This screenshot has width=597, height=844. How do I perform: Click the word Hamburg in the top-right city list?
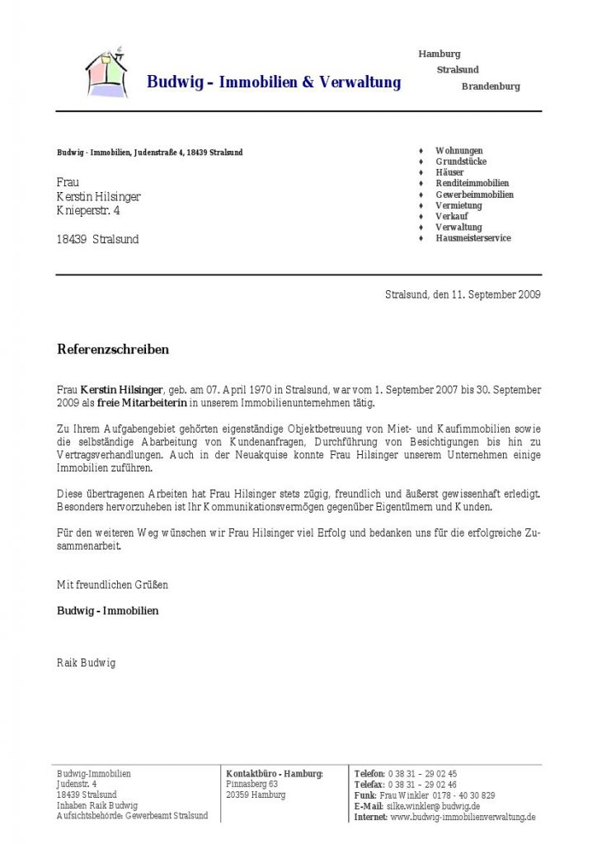(440, 54)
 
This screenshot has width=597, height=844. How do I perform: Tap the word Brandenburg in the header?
(491, 86)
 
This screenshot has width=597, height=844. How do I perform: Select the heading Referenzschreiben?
(113, 349)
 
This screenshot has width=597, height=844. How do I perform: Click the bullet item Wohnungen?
(459, 151)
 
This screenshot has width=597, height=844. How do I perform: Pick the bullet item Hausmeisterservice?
(473, 238)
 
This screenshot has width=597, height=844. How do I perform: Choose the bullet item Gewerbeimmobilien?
(474, 195)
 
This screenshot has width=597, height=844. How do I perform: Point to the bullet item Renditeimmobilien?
(472, 183)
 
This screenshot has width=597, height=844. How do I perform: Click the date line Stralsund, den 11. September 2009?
(463, 295)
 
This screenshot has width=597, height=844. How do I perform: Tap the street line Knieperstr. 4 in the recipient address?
(88, 212)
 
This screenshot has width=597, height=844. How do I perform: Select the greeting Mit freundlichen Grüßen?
(112, 584)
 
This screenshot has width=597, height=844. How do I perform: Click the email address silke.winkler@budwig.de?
(434, 806)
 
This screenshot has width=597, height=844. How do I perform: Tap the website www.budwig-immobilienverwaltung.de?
(463, 817)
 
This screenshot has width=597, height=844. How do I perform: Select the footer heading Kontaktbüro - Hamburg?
(275, 774)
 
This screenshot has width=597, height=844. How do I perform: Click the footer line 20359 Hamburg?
(256, 795)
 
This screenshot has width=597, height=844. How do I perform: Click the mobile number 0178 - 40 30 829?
(464, 795)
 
